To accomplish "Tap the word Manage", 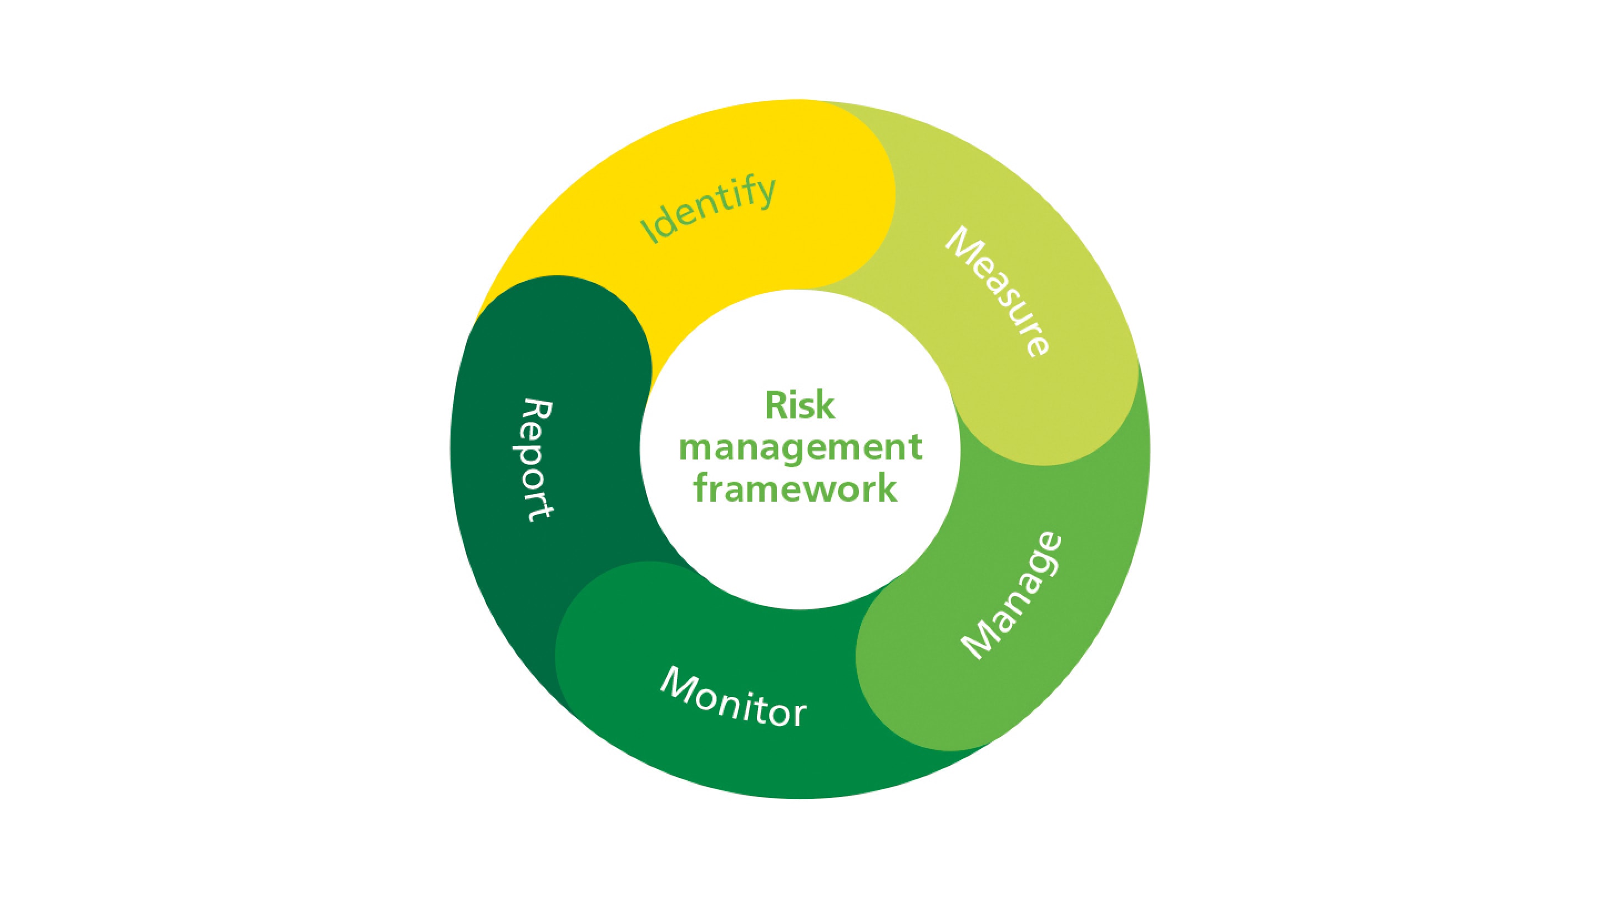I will [x=1012, y=595].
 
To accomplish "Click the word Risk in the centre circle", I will [x=799, y=406].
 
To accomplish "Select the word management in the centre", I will [x=800, y=448].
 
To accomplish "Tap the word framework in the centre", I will [x=795, y=489].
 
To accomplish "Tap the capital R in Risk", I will [x=776, y=406].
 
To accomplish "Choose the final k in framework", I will [x=887, y=488].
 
